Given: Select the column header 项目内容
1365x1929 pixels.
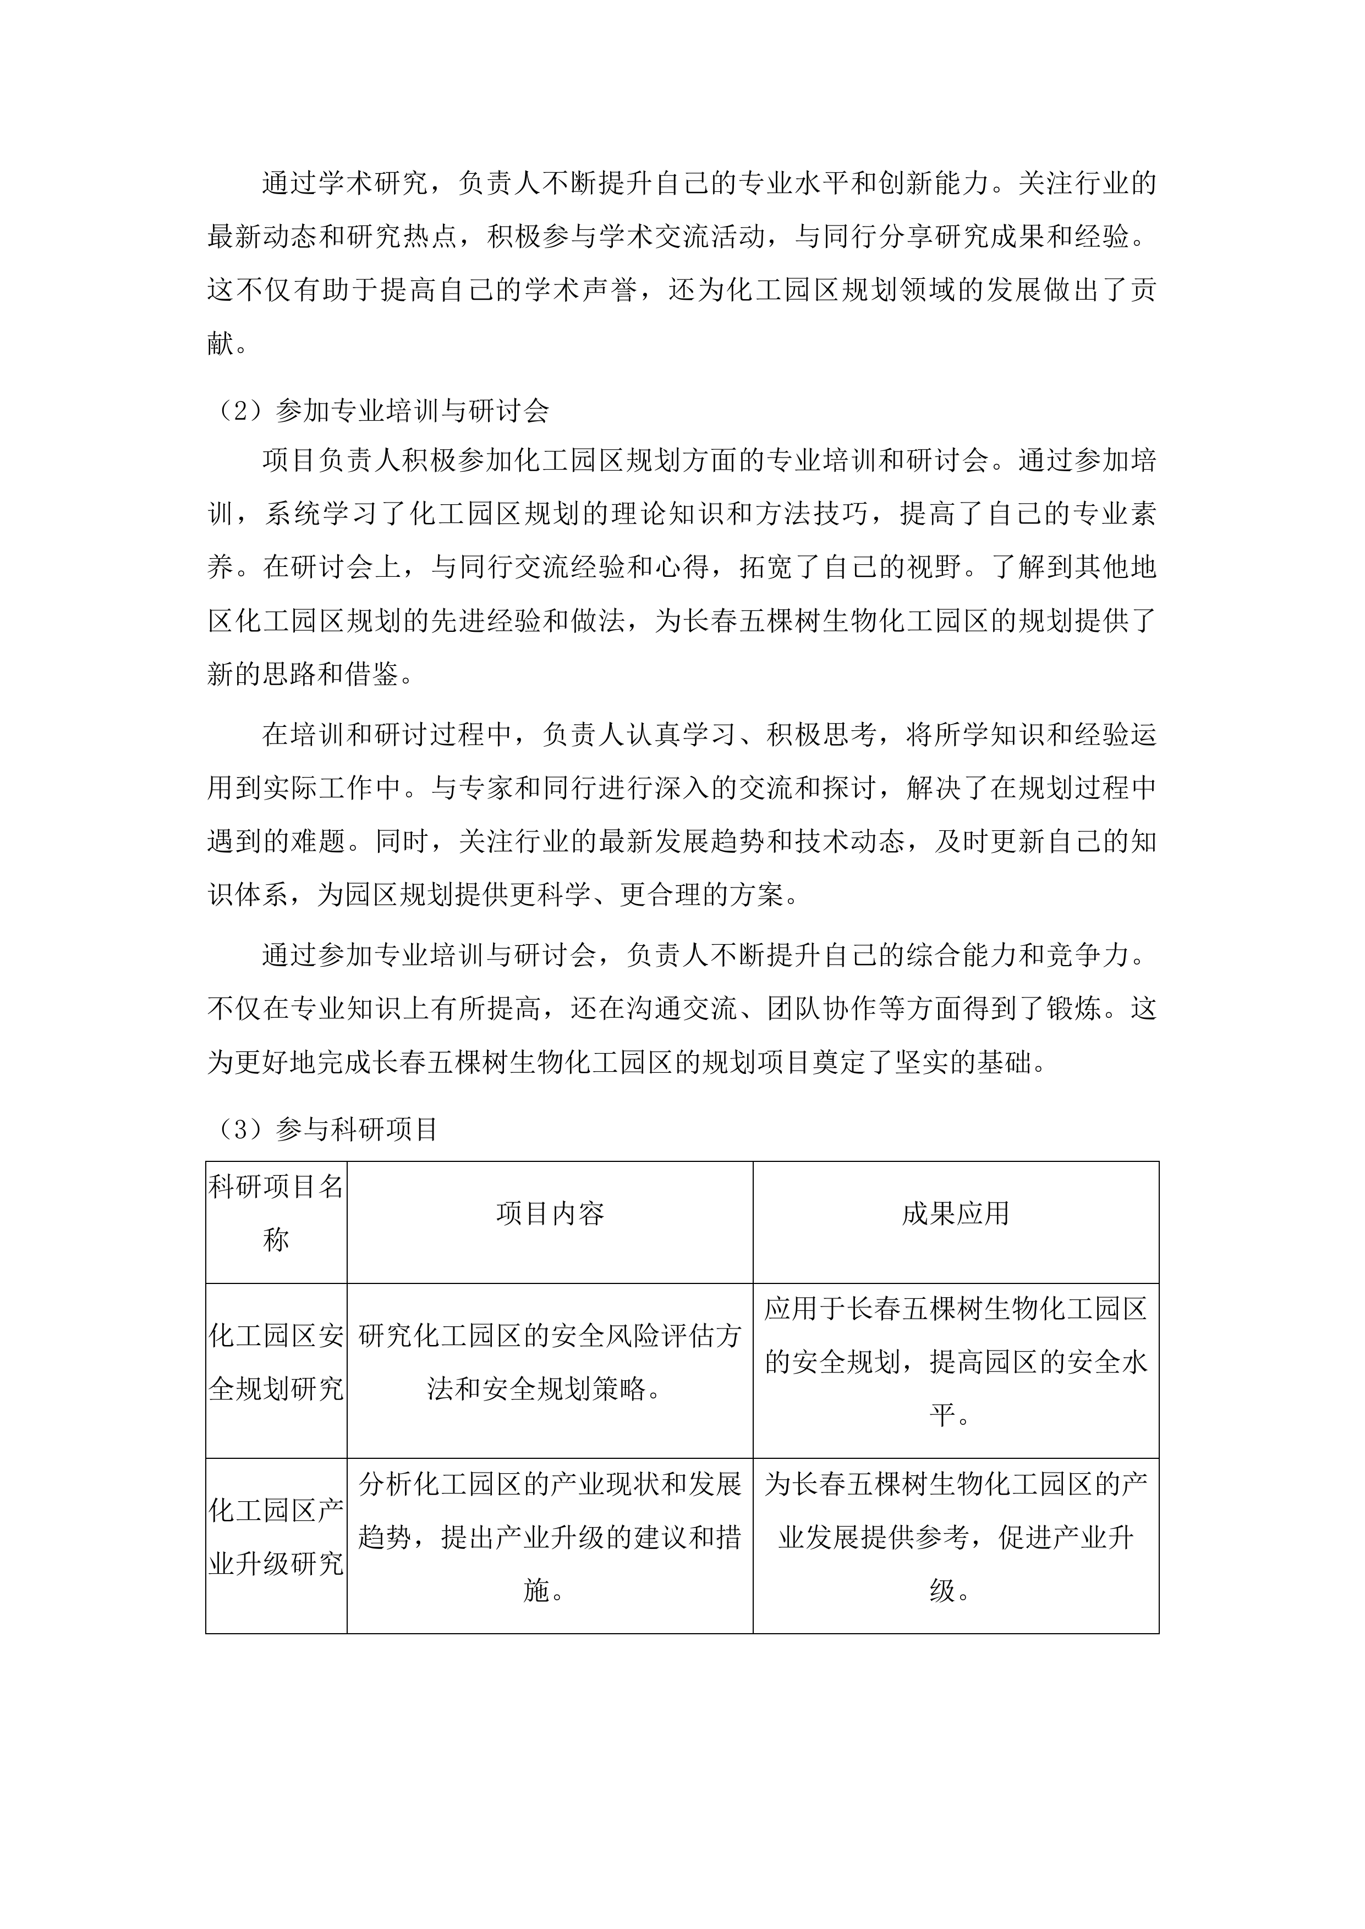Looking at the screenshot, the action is point(550,1213).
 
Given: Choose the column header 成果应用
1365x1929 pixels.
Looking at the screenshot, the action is point(956,1213).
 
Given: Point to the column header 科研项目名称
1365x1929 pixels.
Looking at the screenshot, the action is point(276,1213).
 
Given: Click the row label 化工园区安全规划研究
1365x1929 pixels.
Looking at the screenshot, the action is point(276,1362).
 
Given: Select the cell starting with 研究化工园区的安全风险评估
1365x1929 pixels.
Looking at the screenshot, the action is point(550,1362).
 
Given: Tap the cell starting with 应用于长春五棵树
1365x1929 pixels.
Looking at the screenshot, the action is point(956,1362).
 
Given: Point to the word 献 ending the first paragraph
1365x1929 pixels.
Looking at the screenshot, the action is point(221,343).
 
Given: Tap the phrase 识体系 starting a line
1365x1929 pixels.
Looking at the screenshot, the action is point(249,895).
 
